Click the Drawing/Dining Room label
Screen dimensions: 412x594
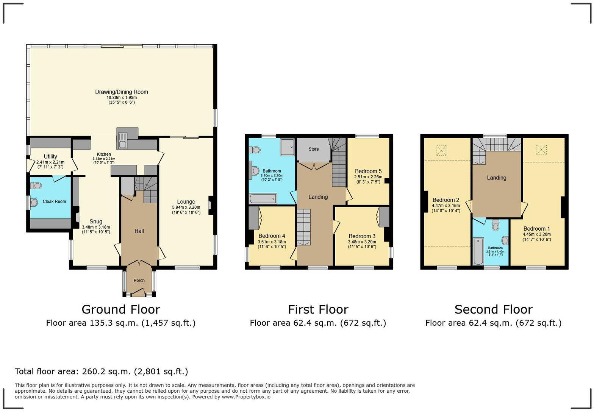(x=121, y=92)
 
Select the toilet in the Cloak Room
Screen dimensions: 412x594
(x=37, y=186)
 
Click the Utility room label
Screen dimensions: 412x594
(x=50, y=156)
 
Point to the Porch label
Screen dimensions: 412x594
(x=139, y=281)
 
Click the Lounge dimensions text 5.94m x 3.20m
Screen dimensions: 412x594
(x=186, y=207)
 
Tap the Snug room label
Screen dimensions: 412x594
(x=96, y=222)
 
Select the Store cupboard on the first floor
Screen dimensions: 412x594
(x=313, y=149)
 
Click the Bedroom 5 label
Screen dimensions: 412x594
(x=368, y=171)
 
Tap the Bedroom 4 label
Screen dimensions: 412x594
(x=272, y=236)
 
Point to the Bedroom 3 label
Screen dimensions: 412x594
(x=362, y=236)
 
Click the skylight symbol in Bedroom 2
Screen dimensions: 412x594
(x=441, y=150)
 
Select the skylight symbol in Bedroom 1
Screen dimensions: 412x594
(x=541, y=150)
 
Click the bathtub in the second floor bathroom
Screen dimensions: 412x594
(x=478, y=251)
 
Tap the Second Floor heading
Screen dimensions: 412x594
(x=493, y=309)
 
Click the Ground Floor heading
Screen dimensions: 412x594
(x=121, y=309)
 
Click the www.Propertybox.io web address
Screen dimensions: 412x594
(x=246, y=397)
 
